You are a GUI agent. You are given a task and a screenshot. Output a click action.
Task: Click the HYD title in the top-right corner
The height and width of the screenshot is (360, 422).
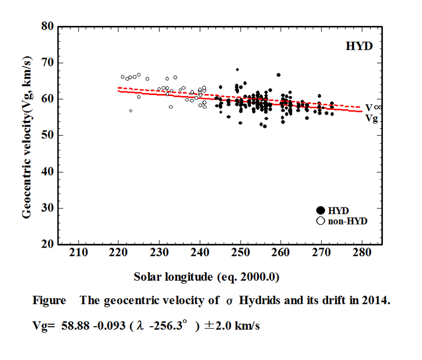[359, 46]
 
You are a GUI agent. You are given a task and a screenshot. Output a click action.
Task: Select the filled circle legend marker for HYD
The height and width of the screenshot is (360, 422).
[320, 211]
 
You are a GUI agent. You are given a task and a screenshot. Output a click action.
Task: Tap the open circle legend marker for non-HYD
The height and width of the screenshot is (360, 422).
[320, 221]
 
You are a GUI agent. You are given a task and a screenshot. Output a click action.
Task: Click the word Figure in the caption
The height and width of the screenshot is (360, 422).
[49, 300]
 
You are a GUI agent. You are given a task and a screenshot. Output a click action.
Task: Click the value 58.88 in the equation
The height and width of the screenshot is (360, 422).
[68, 326]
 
